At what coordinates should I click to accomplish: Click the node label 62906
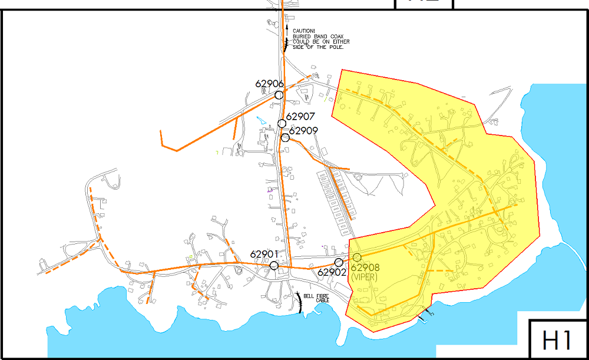(x=270, y=84)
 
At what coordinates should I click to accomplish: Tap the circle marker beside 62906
(x=279, y=95)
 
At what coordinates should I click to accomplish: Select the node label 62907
(x=301, y=117)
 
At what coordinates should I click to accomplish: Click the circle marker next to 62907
(x=282, y=123)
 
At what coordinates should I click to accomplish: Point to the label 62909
(x=304, y=131)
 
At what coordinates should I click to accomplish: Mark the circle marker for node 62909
(x=285, y=138)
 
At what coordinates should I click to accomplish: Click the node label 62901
(x=264, y=255)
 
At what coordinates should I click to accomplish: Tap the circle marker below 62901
(x=274, y=266)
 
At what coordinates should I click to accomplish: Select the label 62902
(x=332, y=272)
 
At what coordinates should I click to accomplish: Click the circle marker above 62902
(x=339, y=262)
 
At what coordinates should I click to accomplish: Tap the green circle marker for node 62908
(x=357, y=257)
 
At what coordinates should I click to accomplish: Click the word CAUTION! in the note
(x=304, y=31)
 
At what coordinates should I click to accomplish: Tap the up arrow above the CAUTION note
(x=287, y=27)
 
